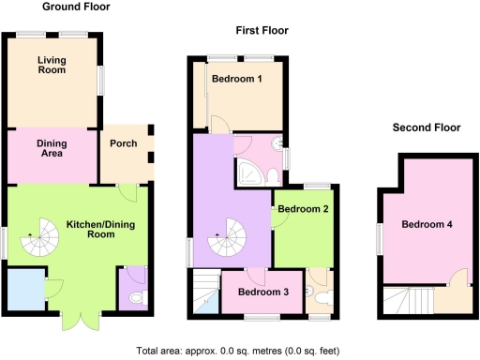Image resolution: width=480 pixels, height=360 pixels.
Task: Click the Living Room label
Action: pos(52,67)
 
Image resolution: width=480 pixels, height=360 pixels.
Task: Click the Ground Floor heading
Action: pos(76,7)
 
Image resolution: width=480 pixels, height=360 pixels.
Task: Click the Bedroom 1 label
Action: pos(236,79)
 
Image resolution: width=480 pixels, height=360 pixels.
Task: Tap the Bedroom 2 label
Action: pos(303,208)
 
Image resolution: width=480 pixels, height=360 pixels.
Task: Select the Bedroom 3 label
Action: pos(262,292)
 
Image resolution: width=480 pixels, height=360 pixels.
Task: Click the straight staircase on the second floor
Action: pos(410,300)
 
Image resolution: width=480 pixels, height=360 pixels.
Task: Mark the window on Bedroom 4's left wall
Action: pos(380,239)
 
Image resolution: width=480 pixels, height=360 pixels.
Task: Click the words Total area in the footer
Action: pos(161,350)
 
